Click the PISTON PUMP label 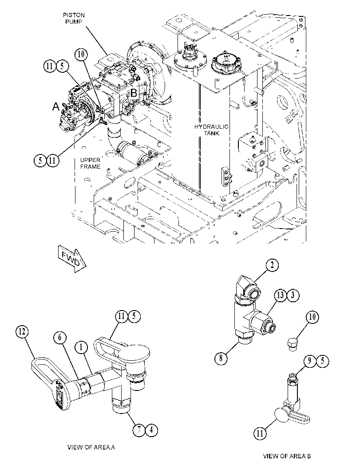pos(74,18)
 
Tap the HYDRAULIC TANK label pos(211,130)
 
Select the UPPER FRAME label pos(90,163)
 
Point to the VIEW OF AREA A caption pos(91,447)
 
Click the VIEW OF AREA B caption pos(287,456)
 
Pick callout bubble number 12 pos(22,332)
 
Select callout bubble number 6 pos(60,337)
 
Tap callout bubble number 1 pos(81,347)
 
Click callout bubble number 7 pos(139,430)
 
